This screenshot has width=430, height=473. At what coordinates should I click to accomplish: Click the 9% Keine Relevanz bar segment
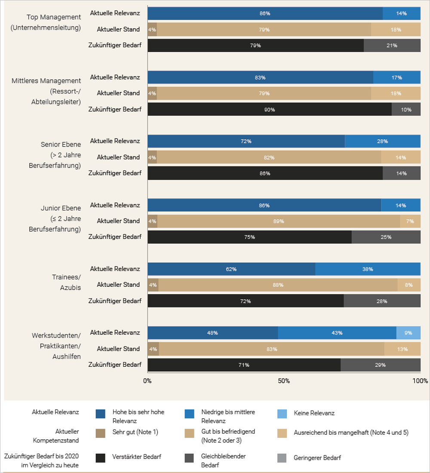[x=408, y=333]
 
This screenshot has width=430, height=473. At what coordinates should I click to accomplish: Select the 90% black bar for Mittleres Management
[x=270, y=109]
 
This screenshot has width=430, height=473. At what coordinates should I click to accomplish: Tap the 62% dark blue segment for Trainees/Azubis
[x=231, y=269]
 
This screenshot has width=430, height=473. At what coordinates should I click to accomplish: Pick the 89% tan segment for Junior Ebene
[x=279, y=221]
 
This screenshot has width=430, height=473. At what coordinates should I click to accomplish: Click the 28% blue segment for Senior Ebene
[x=382, y=141]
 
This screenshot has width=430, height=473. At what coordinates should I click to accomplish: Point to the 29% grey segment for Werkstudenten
[x=380, y=365]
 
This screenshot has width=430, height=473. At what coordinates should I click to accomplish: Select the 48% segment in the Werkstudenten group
[x=212, y=333]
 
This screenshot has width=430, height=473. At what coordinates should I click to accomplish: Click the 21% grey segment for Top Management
[x=392, y=45]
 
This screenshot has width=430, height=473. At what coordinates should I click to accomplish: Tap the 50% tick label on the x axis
[x=284, y=381]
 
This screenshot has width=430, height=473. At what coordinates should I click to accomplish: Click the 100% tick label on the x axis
[x=420, y=381]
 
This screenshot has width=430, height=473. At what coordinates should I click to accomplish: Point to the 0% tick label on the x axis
[x=147, y=381]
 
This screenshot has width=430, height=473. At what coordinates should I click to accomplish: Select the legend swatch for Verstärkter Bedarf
[x=101, y=458]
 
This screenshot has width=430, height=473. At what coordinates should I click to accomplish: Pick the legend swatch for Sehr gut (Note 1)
[x=101, y=432]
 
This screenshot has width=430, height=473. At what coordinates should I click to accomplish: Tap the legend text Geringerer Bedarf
[x=317, y=458]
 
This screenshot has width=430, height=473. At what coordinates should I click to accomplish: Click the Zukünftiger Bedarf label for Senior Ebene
[x=115, y=173]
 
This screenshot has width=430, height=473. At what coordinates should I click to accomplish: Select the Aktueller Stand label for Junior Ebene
[x=118, y=221]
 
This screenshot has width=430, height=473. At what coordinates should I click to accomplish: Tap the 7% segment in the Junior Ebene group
[x=410, y=221]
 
